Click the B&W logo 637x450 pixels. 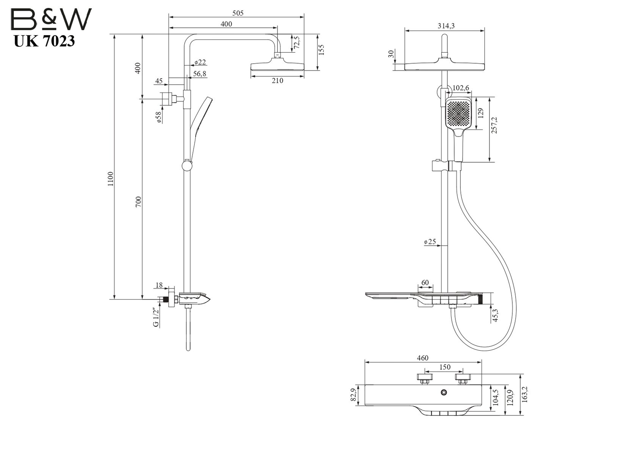[x=51, y=19]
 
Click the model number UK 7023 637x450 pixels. [x=44, y=41]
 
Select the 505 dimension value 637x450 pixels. [x=238, y=13]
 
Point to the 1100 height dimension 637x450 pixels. [x=111, y=179]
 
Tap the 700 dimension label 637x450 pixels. [x=138, y=202]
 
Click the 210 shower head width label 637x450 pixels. [x=277, y=81]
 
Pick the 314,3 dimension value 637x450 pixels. [x=446, y=26]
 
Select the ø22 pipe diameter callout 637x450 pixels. [x=200, y=62]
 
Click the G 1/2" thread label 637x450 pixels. [x=156, y=317]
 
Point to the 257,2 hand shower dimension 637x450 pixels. [x=494, y=125]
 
